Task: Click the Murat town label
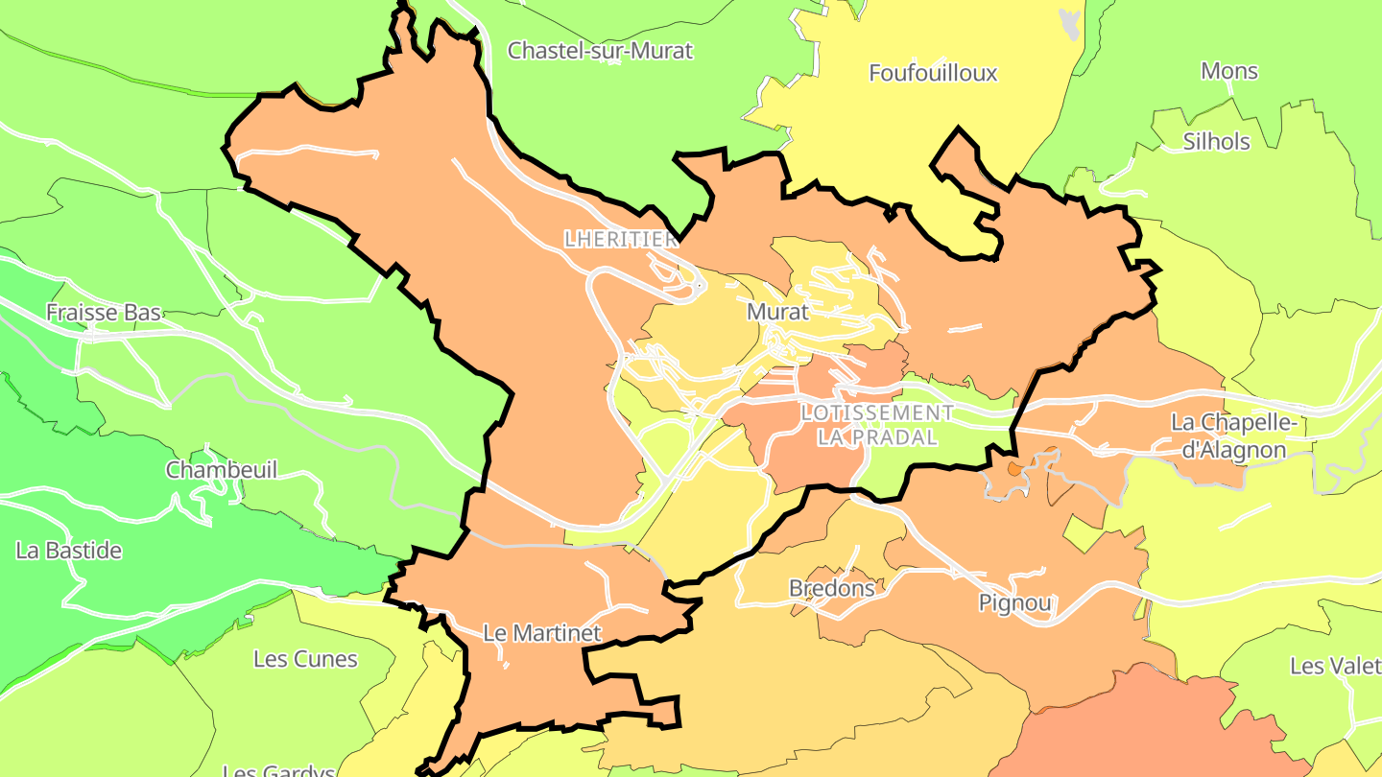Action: [777, 312]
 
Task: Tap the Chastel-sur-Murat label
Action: [600, 51]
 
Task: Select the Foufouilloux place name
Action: [933, 73]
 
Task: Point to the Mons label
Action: [1229, 71]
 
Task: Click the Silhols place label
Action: [1216, 142]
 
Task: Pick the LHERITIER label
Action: [621, 240]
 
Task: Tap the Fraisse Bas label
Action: [104, 313]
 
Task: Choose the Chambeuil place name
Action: [222, 470]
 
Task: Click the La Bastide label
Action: [69, 551]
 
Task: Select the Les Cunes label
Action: [305, 659]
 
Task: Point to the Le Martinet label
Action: [542, 633]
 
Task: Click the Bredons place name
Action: [831, 588]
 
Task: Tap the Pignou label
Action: [1015, 603]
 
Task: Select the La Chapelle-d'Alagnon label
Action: [1233, 436]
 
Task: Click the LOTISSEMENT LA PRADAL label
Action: [876, 425]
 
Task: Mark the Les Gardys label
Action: [278, 770]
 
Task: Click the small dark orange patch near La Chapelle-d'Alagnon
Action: [1013, 469]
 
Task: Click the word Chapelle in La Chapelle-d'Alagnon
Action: [1252, 423]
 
